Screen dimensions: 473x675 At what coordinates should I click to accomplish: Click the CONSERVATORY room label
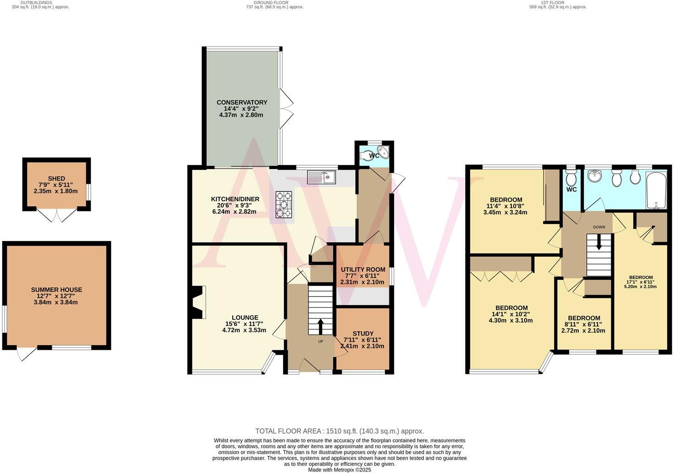pos(241,102)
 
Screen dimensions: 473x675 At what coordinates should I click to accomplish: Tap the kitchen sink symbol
pos(322,177)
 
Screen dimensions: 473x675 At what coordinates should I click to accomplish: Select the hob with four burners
pos(284,204)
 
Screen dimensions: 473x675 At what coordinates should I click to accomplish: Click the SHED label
pos(56,178)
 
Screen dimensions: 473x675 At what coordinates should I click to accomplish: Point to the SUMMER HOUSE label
pos(56,290)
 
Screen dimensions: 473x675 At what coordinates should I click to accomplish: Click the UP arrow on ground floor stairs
pos(320,327)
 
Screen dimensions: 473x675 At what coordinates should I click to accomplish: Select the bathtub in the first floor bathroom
pos(657,189)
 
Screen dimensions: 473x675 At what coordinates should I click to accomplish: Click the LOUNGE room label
pos(245,318)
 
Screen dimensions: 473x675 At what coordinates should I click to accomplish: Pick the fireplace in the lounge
pos(198,302)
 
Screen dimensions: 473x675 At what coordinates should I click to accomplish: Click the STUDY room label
pos(363,334)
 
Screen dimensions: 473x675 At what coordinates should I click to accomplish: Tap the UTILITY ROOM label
pos(362,269)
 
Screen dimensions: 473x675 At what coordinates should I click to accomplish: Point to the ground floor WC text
pos(374,156)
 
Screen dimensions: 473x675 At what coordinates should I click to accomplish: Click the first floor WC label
pos(571,189)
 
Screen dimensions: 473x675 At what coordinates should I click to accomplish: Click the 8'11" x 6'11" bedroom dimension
pos(583,324)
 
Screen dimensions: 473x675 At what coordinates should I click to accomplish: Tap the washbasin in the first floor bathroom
pos(595,176)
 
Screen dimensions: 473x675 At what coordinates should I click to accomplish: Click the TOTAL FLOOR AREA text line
pos(339,431)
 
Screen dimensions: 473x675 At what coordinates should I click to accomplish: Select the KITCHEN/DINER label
pos(235,199)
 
